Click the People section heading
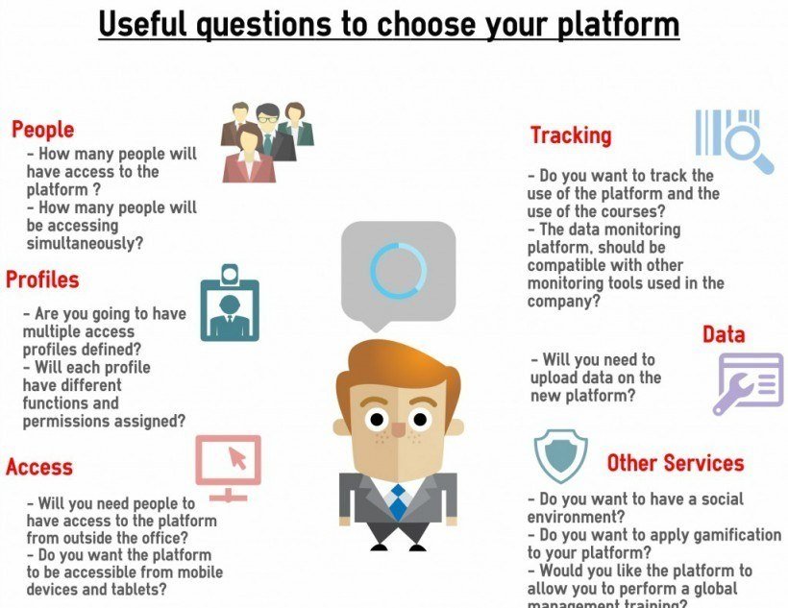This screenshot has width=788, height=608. pyautogui.click(x=42, y=129)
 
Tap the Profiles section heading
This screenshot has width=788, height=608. pyautogui.click(x=42, y=280)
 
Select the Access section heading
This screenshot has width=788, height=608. pyautogui.click(x=39, y=467)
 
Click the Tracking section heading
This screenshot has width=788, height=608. pyautogui.click(x=571, y=135)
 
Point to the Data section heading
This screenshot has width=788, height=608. pyautogui.click(x=724, y=334)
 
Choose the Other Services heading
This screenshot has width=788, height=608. pyautogui.click(x=675, y=463)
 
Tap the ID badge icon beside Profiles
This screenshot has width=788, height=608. pyautogui.click(x=229, y=304)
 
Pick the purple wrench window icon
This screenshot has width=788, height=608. pyautogui.click(x=748, y=382)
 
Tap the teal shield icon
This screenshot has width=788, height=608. pyautogui.click(x=560, y=456)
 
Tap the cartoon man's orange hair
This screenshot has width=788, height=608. pyautogui.click(x=394, y=370)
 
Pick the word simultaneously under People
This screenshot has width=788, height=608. pyautogui.click(x=85, y=244)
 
